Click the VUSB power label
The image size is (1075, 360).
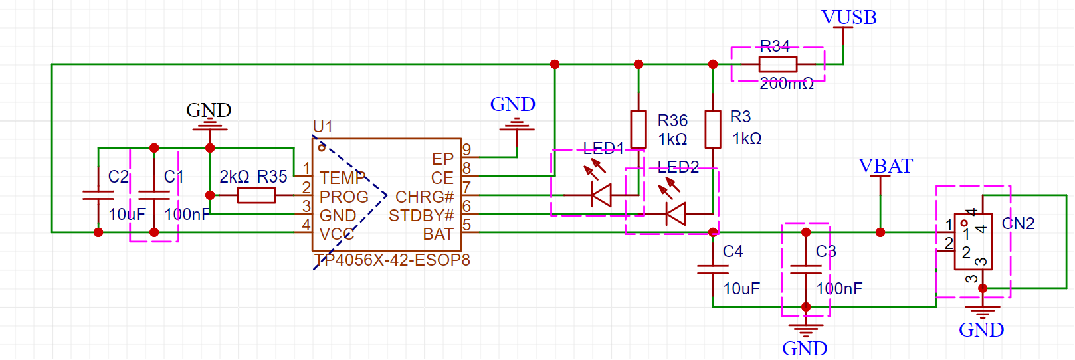(x=849, y=17)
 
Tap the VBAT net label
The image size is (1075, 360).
(x=886, y=166)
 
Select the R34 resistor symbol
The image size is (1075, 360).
(x=778, y=64)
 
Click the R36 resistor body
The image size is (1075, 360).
(x=638, y=129)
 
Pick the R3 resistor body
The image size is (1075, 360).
(x=713, y=129)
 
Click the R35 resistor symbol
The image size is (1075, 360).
(x=256, y=195)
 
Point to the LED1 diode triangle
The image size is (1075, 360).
(x=601, y=195)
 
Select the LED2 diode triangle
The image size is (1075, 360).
(x=676, y=214)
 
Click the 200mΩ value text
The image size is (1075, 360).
(x=787, y=84)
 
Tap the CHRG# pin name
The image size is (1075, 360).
(x=425, y=197)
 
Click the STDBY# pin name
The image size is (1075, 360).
(x=421, y=215)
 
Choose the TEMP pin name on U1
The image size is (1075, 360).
(x=343, y=178)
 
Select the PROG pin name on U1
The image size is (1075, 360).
(x=344, y=197)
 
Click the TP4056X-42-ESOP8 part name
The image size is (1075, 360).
(x=392, y=260)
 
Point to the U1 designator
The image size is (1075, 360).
(x=322, y=127)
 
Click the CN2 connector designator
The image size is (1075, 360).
(x=1019, y=223)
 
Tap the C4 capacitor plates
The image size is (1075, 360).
(x=713, y=269)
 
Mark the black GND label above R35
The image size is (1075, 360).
(x=209, y=110)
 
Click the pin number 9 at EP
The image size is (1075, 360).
(x=466, y=149)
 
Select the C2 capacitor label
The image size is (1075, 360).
(x=118, y=177)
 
